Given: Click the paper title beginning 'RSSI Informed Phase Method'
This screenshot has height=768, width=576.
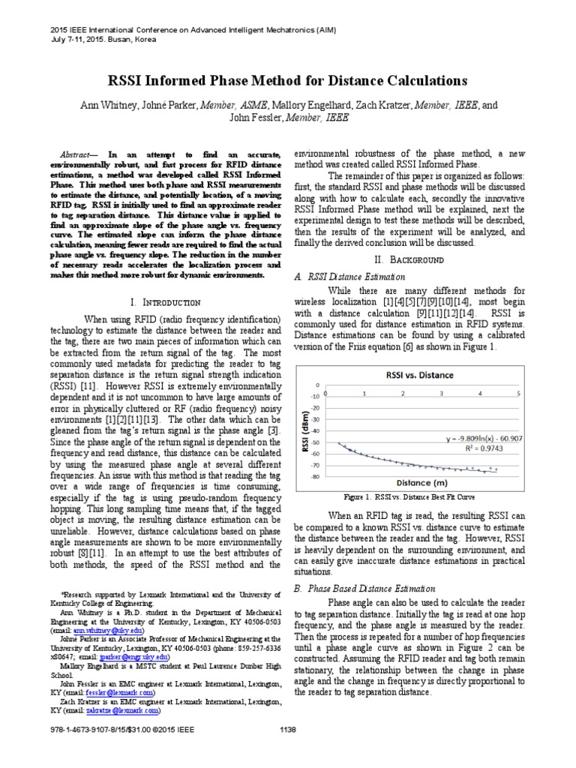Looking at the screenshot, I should click(x=288, y=80).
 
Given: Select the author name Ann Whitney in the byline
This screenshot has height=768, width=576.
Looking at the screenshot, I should click(x=109, y=106).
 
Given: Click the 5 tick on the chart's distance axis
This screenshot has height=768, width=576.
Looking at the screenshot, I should click(x=517, y=392).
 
